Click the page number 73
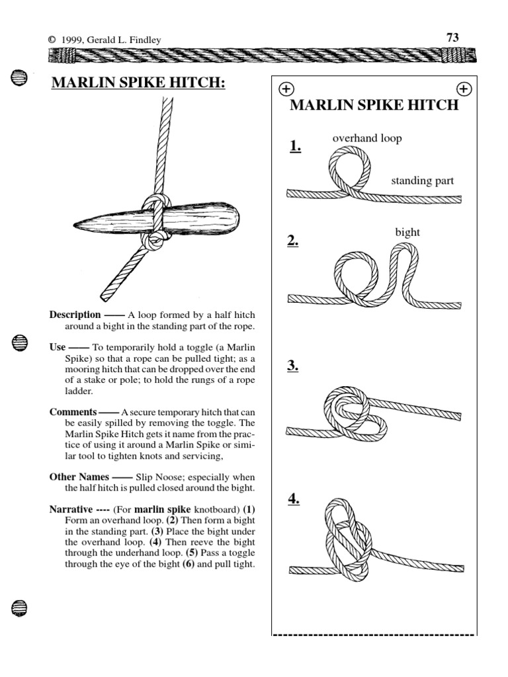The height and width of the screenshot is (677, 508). click(x=452, y=38)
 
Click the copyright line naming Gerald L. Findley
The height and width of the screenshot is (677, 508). click(x=105, y=40)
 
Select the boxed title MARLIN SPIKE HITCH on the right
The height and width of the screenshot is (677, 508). click(x=374, y=105)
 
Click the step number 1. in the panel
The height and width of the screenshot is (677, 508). click(x=294, y=147)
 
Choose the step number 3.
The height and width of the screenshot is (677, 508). click(x=293, y=365)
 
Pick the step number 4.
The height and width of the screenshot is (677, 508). click(x=294, y=499)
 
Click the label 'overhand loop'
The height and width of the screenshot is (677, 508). click(x=366, y=138)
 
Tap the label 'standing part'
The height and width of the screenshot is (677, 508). click(x=422, y=180)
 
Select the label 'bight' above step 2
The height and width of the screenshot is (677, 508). click(x=407, y=232)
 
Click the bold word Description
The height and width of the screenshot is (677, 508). click(x=75, y=315)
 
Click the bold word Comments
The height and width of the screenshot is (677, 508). click(x=73, y=411)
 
